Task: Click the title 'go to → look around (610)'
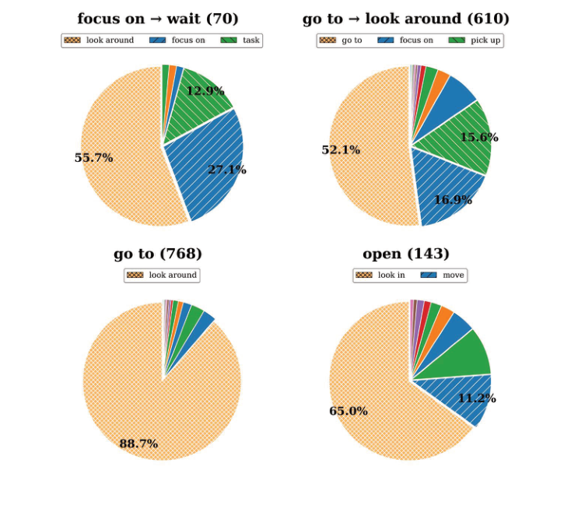(x=406, y=19)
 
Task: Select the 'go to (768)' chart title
(x=158, y=254)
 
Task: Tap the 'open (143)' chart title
(x=406, y=254)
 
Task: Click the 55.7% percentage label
(x=93, y=158)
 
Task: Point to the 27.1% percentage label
(x=226, y=170)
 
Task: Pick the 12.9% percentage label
(x=205, y=91)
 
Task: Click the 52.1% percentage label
(x=341, y=150)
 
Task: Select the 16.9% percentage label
(x=453, y=200)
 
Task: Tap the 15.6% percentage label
(x=479, y=138)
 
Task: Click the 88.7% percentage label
(x=138, y=444)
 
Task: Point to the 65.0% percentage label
(x=349, y=411)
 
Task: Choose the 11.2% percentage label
(x=477, y=399)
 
